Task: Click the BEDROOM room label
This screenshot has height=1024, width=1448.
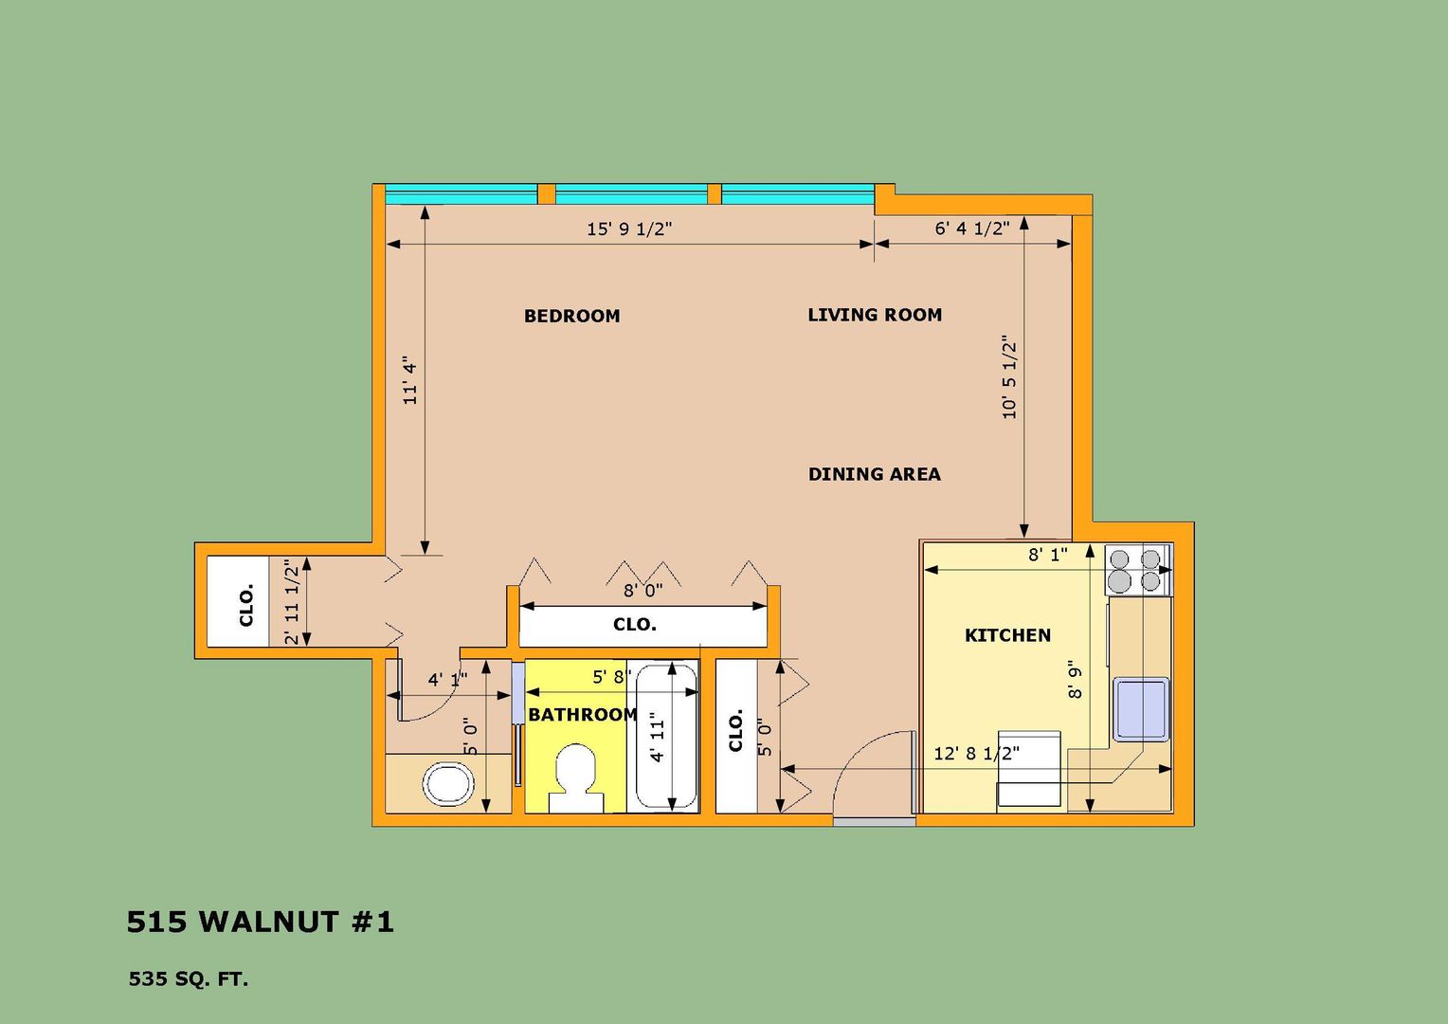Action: tap(571, 316)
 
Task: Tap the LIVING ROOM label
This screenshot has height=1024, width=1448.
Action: tap(875, 315)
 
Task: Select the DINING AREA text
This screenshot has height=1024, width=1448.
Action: tap(875, 474)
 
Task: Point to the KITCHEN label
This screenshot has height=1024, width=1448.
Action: tap(1007, 635)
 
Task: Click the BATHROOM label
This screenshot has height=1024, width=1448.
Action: tap(583, 715)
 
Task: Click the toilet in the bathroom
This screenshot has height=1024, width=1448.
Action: tap(576, 778)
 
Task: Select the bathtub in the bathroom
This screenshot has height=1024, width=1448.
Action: tap(666, 736)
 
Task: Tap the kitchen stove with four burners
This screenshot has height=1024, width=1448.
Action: tap(1138, 570)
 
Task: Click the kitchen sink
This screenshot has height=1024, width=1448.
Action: tap(1142, 709)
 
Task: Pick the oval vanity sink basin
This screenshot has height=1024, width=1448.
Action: tap(448, 784)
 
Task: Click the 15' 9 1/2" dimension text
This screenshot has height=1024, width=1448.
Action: tap(629, 229)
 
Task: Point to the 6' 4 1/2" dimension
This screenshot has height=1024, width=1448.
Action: tap(971, 229)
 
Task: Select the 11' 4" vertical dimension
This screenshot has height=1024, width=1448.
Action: tap(409, 379)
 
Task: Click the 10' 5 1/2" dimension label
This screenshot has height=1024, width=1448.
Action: tap(1009, 377)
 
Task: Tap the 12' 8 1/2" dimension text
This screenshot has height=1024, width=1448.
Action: tap(976, 753)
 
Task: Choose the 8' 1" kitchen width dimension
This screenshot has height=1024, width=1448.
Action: tap(1048, 555)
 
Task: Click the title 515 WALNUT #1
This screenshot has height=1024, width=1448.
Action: tap(260, 922)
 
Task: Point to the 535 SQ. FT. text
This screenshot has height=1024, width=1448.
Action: tap(189, 978)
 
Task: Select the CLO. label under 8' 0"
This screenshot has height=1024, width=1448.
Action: tap(634, 625)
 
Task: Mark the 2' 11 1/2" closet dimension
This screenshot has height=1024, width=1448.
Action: tap(292, 602)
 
